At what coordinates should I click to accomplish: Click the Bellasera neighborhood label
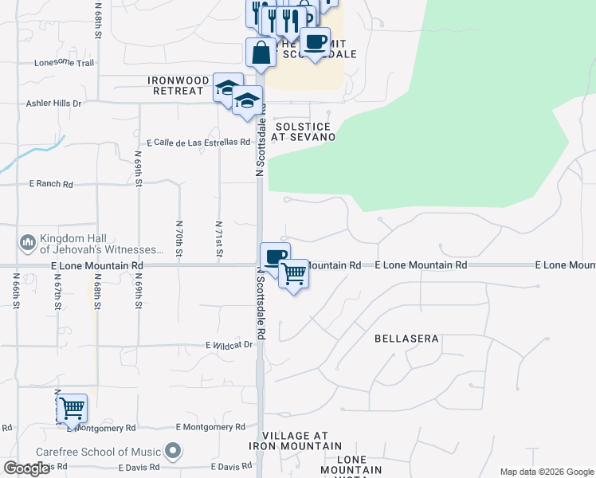pos(406,339)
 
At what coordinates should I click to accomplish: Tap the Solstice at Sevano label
pos(303,131)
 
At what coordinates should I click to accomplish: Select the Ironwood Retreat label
pos(175,85)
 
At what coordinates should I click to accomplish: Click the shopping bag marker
pos(261,53)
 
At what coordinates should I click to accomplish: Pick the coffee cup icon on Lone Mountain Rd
pos(275,257)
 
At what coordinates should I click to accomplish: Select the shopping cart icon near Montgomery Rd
pos(72,409)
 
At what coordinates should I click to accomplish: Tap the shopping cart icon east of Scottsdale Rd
pos(294,274)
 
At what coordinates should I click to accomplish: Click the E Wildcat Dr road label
pos(229,345)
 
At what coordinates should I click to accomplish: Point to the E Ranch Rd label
pos(51,184)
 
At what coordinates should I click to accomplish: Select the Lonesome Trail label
pos(64,62)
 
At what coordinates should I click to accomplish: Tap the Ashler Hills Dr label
pos(54,104)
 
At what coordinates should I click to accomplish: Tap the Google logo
pos(26,469)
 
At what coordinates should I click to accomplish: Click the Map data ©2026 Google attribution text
pos(546,472)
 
